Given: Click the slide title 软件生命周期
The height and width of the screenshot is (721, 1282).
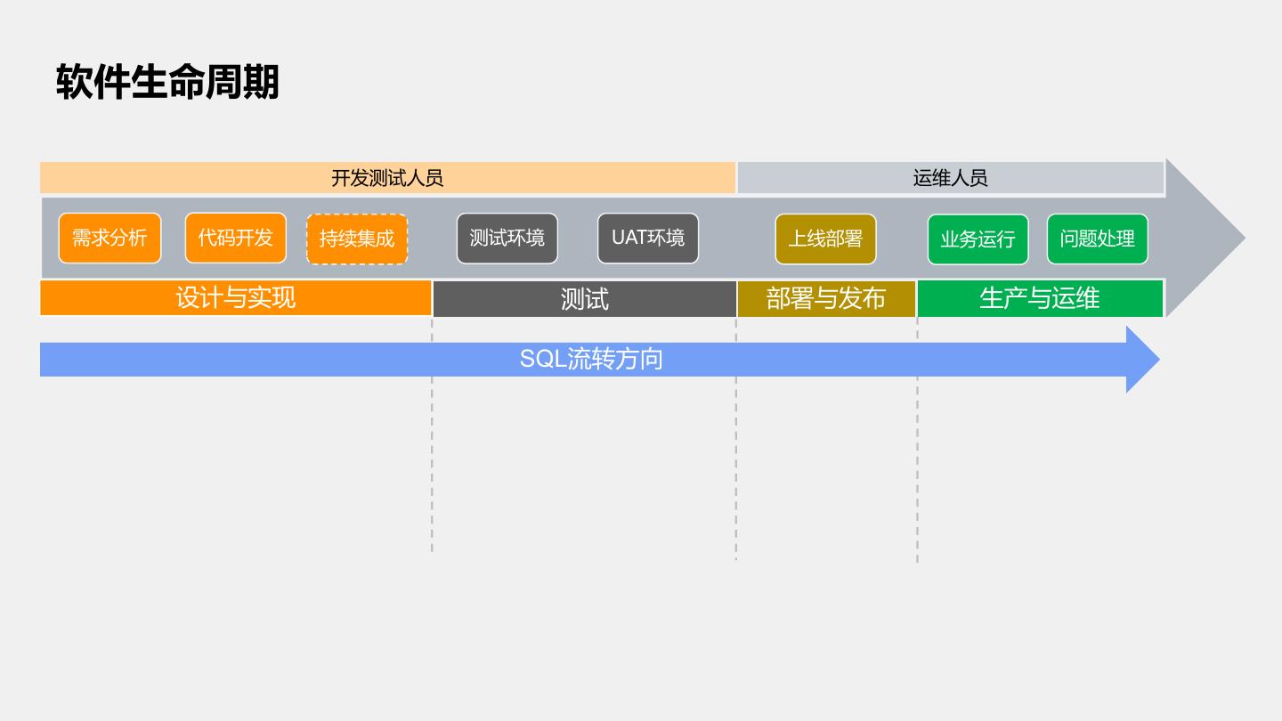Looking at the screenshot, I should pyautogui.click(x=167, y=82).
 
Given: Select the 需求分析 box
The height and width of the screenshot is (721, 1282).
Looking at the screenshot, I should pyautogui.click(x=110, y=239).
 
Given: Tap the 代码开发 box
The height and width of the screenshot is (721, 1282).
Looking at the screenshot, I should pyautogui.click(x=236, y=239).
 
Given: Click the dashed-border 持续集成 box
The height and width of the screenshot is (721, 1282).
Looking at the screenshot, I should pyautogui.click(x=357, y=239).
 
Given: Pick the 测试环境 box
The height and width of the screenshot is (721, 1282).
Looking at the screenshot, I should pyautogui.click(x=507, y=239).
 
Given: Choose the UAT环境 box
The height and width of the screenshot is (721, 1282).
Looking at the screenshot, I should pyautogui.click(x=648, y=239).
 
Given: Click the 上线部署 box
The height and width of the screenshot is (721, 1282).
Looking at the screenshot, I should pyautogui.click(x=825, y=239).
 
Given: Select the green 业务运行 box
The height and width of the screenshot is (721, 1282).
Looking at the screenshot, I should pyautogui.click(x=978, y=239).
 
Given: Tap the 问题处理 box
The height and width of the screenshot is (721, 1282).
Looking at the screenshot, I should pyautogui.click(x=1097, y=239).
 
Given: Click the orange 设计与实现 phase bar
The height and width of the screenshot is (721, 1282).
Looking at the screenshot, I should pyautogui.click(x=235, y=297).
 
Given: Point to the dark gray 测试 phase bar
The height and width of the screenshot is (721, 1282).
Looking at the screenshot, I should pyautogui.click(x=584, y=299).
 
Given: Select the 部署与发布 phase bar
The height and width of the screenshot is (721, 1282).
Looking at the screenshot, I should pyautogui.click(x=825, y=298).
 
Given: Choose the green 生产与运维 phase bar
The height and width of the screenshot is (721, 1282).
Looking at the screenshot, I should pyautogui.click(x=1040, y=298).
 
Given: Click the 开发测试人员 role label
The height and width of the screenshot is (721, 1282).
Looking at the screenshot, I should pyautogui.click(x=387, y=178).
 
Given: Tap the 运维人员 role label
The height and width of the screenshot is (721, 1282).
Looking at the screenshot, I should pyautogui.click(x=950, y=178).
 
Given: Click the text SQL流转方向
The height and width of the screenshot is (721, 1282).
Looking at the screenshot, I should pyautogui.click(x=591, y=360).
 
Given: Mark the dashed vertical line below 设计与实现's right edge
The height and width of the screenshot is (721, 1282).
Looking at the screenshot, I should pyautogui.click(x=432, y=463).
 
